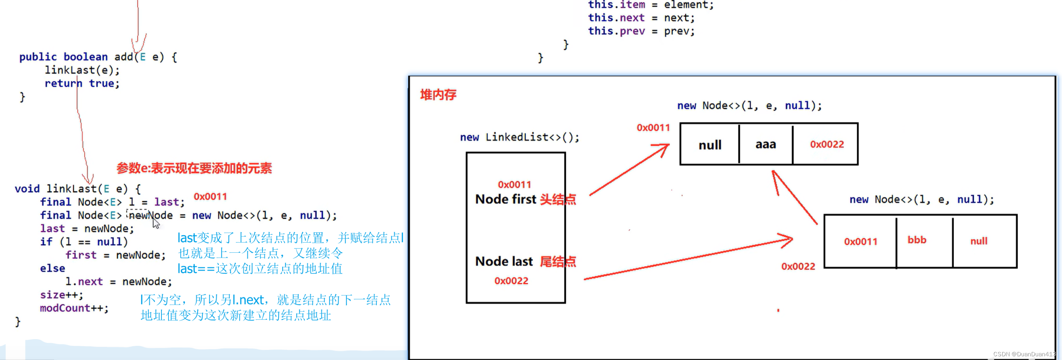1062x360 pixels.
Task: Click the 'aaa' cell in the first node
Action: tap(766, 144)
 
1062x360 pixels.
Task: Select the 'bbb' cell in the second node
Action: tap(917, 240)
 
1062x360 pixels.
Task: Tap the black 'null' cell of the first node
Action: tap(709, 145)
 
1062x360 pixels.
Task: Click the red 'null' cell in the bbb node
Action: tap(979, 241)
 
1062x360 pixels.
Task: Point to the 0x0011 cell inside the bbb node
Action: tap(860, 241)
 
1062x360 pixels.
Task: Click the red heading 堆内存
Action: tap(438, 95)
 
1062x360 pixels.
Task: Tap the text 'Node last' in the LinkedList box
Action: tap(504, 262)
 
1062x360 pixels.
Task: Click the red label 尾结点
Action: tap(557, 262)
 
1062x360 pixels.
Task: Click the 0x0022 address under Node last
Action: tap(511, 281)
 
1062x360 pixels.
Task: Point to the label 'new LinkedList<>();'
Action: tap(520, 137)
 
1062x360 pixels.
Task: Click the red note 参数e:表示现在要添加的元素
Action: tap(194, 168)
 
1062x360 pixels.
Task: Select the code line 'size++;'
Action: tap(62, 295)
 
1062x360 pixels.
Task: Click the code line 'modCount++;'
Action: tap(74, 308)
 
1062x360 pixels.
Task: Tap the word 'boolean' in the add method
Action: tap(85, 57)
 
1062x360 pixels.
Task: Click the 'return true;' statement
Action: tap(82, 83)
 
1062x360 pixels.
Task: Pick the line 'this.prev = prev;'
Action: tap(641, 31)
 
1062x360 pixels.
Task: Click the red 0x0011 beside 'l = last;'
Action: tap(210, 197)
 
